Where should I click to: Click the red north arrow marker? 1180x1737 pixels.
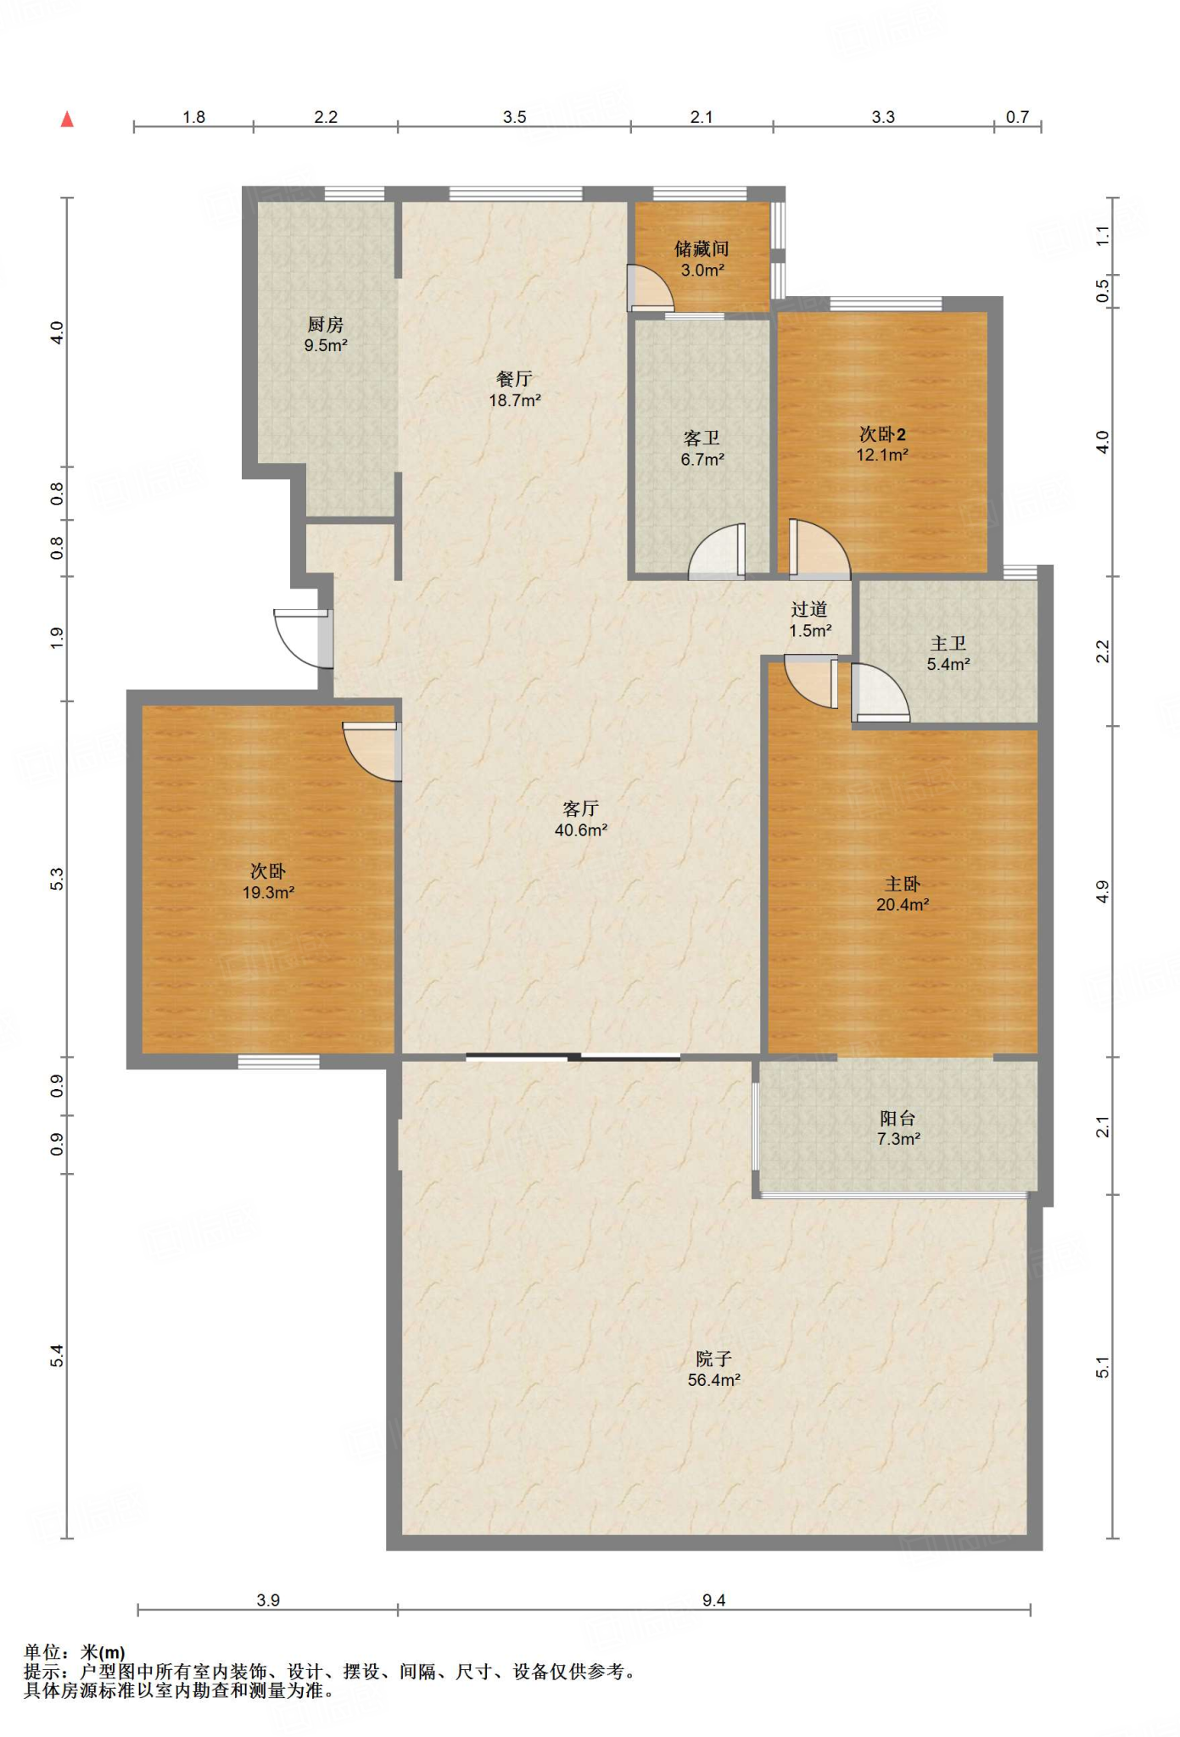tap(67, 120)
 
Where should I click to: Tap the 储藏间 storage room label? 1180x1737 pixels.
tap(702, 249)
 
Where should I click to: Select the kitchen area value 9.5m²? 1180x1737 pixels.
tap(326, 345)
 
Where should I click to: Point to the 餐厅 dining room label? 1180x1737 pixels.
tap(514, 379)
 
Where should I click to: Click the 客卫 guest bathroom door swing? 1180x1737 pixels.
tap(717, 551)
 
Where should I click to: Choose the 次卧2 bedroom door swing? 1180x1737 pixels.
tap(819, 549)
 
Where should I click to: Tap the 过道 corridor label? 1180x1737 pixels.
tap(809, 609)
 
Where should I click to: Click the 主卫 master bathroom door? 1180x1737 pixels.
tap(880, 692)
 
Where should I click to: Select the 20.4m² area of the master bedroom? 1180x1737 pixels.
tap(903, 905)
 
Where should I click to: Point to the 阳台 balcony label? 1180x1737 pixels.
tap(898, 1118)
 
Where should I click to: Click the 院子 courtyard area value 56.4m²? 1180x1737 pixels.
tap(714, 1380)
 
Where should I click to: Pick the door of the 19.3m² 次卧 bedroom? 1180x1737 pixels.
tap(372, 751)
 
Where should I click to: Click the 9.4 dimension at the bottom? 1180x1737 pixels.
tap(714, 1600)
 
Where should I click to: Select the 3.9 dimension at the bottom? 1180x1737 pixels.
tap(268, 1600)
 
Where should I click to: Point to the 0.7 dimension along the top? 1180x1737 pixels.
tap(1017, 117)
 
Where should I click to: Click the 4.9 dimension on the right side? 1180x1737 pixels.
tap(1102, 891)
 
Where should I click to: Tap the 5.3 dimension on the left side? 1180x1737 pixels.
tap(57, 880)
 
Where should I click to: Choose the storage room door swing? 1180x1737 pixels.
tap(650, 288)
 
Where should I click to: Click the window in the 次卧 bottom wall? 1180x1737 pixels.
tap(278, 1060)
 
